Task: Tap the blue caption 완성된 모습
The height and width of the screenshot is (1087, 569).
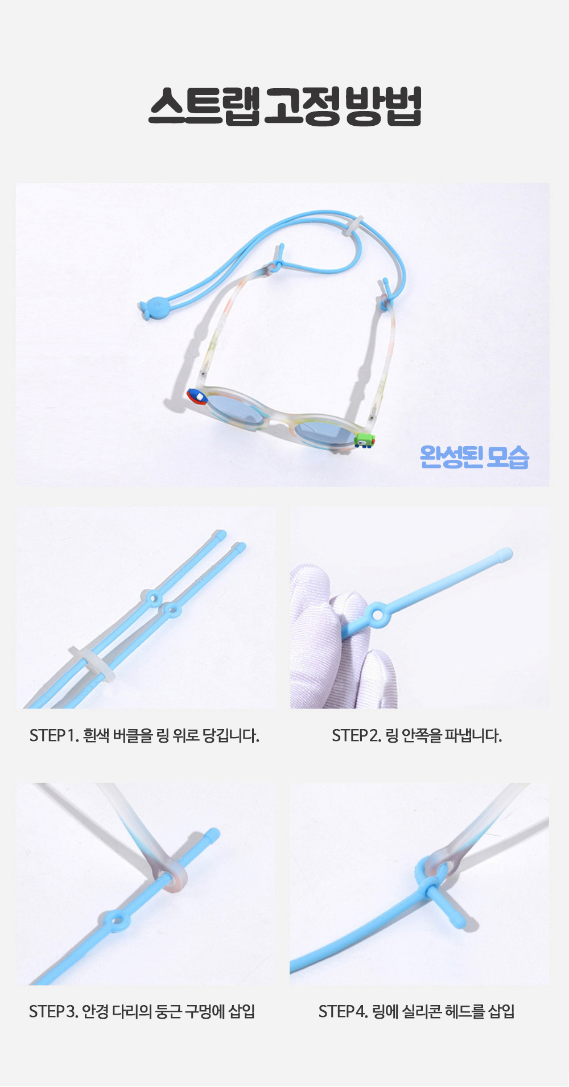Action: tap(475, 456)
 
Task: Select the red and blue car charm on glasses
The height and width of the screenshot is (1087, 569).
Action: tap(197, 396)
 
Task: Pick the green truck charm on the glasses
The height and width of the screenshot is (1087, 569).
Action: tap(364, 439)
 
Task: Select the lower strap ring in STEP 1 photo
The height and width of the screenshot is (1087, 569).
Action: tap(171, 611)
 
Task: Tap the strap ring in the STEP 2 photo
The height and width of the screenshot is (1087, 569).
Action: tap(377, 614)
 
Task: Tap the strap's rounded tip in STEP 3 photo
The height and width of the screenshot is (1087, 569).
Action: tap(212, 834)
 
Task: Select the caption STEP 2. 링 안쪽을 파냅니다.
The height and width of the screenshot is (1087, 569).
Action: tap(417, 736)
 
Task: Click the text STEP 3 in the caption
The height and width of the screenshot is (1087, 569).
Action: tap(53, 1012)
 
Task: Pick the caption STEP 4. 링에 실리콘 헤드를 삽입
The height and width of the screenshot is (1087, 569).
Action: tap(417, 1012)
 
